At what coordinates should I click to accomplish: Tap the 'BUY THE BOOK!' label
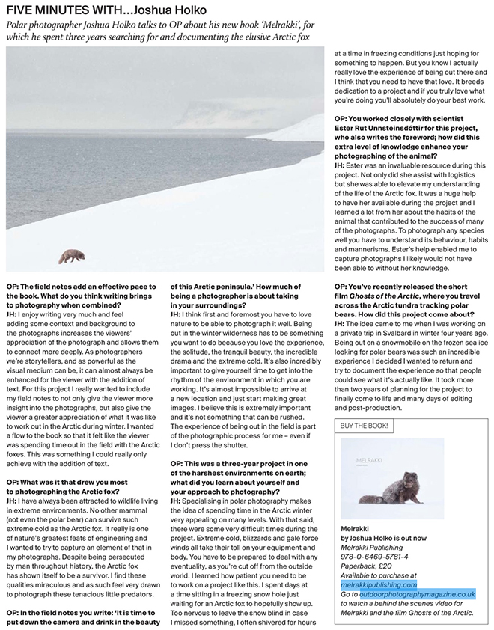click(x=365, y=425)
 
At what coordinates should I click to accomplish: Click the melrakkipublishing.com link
click(x=378, y=584)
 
